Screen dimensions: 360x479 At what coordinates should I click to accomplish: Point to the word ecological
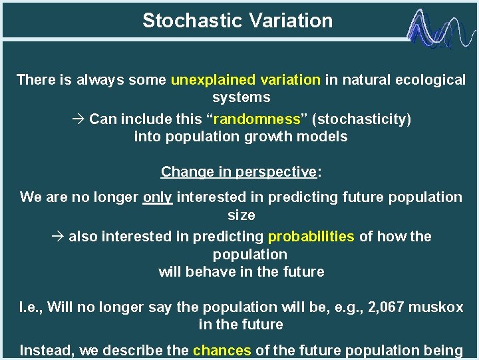(x=430, y=80)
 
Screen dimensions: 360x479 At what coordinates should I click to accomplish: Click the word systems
(x=241, y=97)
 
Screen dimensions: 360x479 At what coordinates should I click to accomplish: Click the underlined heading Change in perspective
(x=238, y=171)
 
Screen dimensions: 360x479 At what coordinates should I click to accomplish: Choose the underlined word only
(x=158, y=197)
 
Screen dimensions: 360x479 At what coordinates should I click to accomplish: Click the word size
(x=241, y=215)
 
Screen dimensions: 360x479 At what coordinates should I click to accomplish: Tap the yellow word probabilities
(x=311, y=237)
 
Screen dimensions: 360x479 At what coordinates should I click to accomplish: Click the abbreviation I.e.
(x=31, y=307)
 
